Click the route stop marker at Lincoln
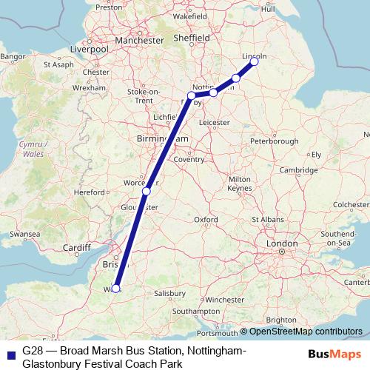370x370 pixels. click(254, 61)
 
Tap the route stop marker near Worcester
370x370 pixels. click(147, 192)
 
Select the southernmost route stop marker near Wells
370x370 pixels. click(115, 289)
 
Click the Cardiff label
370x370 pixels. click(78, 247)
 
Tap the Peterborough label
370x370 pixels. click(275, 141)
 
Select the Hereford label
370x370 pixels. click(90, 192)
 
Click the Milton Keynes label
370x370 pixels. click(240, 184)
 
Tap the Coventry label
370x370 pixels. click(189, 158)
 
